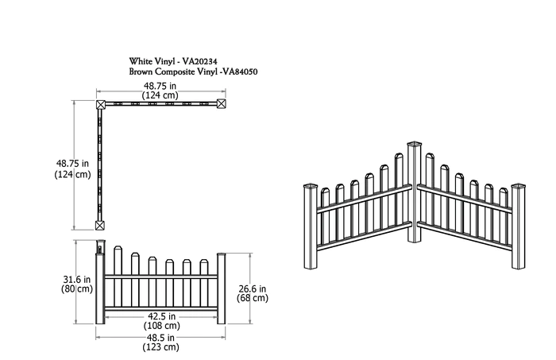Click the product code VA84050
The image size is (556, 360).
(243, 72)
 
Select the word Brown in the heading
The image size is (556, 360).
(145, 72)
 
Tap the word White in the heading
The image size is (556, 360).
(144, 60)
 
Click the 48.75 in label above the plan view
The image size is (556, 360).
(160, 85)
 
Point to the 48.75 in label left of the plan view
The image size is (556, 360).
(55, 162)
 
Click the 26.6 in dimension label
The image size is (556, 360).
(252, 288)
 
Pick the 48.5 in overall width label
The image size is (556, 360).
(160, 337)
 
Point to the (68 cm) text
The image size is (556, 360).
(252, 299)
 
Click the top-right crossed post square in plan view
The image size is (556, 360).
(221, 104)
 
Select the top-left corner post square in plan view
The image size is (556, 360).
(101, 104)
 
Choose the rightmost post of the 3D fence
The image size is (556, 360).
(520, 230)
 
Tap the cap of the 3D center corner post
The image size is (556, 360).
(415, 145)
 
